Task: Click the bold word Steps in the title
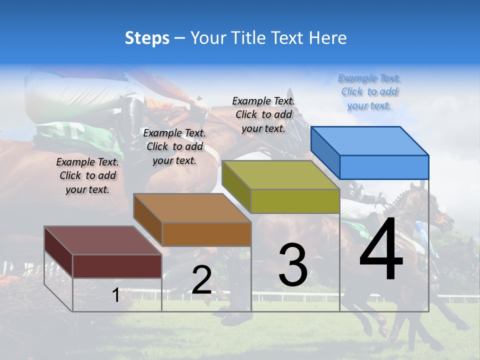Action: (147, 38)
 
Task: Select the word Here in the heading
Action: (327, 38)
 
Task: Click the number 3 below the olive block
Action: (293, 265)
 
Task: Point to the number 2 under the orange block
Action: (201, 280)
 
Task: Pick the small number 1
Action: (115, 295)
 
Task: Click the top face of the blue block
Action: (369, 140)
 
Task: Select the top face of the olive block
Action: (280, 175)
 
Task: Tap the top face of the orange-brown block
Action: (192, 208)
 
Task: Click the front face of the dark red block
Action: (117, 266)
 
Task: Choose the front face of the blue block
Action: (384, 167)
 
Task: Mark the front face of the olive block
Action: (295, 201)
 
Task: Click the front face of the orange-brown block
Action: (206, 234)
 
